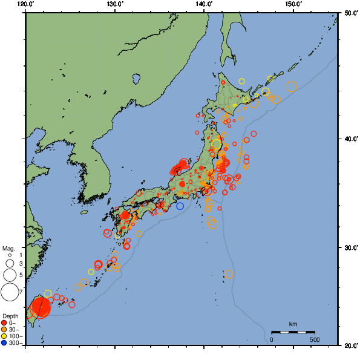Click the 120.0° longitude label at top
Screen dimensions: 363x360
coord(26,4)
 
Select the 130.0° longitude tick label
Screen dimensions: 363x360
coord(115,4)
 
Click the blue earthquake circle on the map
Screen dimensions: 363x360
coord(180,206)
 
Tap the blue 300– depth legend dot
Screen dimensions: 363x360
coord(4,343)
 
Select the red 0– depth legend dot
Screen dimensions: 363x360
coord(4,322)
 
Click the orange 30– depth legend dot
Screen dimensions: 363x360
coord(4,329)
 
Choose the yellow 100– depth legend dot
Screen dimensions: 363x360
coord(4,336)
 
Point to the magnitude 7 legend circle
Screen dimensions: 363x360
coord(9,292)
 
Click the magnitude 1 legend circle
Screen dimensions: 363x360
coord(9,255)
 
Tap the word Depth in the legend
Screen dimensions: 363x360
coord(10,316)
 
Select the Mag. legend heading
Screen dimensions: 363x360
coord(8,248)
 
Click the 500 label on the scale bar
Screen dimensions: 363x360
coord(315,340)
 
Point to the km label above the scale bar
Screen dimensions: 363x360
coord(293,325)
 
